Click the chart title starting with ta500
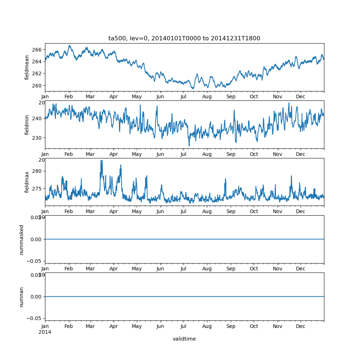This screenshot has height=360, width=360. [x=184, y=38]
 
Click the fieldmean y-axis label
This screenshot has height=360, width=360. [x=27, y=67]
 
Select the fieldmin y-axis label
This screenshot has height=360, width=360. [x=27, y=125]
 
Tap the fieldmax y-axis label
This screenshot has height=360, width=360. [x=27, y=182]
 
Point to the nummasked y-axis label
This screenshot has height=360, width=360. [x=22, y=239]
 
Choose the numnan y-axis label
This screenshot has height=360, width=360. [x=22, y=297]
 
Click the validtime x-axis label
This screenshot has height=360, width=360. [x=184, y=339]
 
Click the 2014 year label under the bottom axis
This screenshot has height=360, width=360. [x=45, y=332]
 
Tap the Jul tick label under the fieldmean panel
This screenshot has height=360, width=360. [x=184, y=97]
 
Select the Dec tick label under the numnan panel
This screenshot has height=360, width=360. [x=300, y=326]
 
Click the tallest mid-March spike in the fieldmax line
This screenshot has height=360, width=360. [x=102, y=161]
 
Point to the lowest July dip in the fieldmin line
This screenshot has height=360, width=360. [x=189, y=146]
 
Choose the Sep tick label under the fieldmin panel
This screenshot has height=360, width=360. [x=230, y=154]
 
